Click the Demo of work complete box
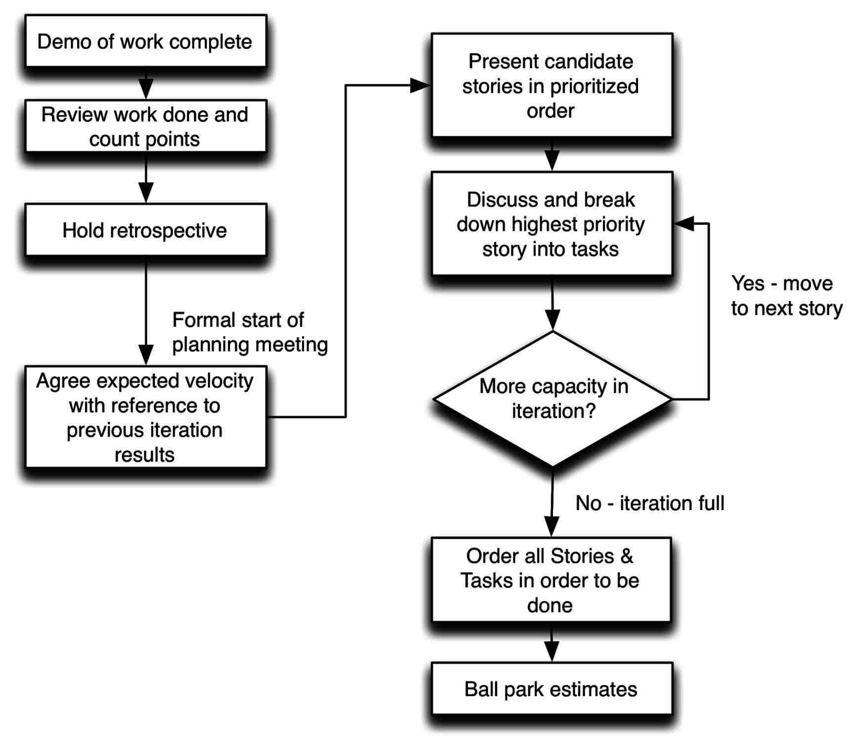tap(145, 42)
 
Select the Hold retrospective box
tap(145, 230)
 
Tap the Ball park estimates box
tap(551, 689)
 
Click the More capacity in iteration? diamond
tap(553, 398)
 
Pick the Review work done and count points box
tap(145, 127)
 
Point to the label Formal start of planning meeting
tap(249, 332)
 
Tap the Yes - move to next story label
tap(786, 296)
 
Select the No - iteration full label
tap(649, 503)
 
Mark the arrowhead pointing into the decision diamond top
tap(552, 320)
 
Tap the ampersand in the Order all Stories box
tap(626, 556)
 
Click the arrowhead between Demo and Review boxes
tap(146, 90)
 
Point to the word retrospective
tap(168, 231)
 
